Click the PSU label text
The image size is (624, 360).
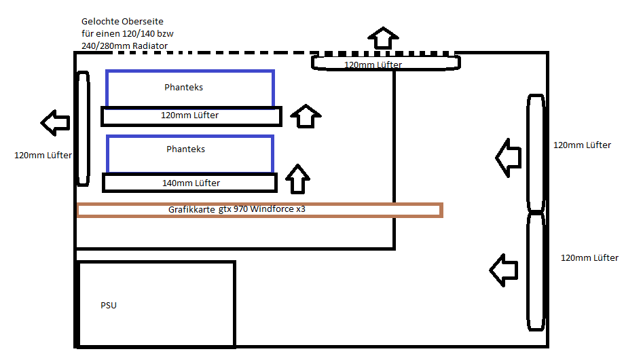(109, 305)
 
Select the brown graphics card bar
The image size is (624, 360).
(260, 210)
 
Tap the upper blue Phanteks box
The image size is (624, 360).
(190, 88)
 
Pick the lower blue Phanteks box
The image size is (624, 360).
(190, 154)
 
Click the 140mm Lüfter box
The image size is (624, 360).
(189, 183)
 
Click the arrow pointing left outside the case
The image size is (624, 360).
(55, 123)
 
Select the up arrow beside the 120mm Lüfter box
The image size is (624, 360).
(304, 116)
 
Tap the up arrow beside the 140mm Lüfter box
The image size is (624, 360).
(297, 179)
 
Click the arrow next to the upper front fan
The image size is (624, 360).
(507, 157)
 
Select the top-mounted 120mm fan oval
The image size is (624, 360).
(386, 63)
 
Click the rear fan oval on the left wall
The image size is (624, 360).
(83, 128)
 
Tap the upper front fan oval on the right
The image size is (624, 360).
(536, 154)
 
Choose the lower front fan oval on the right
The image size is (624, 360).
(536, 272)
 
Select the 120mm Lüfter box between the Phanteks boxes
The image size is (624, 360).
(191, 116)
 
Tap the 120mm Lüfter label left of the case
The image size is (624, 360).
(43, 156)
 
